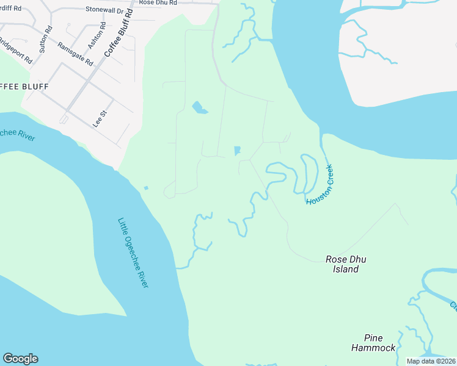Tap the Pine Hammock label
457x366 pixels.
pos(373,343)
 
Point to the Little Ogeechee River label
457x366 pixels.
pos(133,253)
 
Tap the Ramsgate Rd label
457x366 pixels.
pos(75,54)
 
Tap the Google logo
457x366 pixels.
pos(20,359)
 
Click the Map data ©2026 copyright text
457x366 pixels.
pos(431,361)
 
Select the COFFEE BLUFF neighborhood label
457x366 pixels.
pos(24,86)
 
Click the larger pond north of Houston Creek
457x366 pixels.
pos(199,109)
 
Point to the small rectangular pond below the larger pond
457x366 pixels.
pos(236,150)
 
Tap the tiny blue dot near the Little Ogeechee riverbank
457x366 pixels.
pos(145,188)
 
